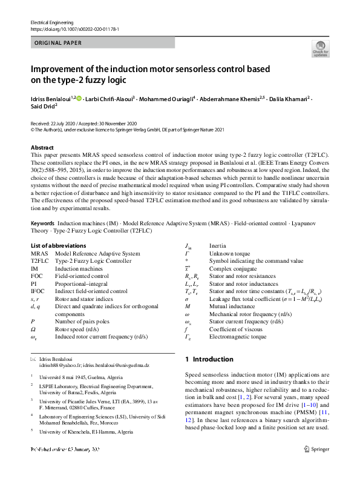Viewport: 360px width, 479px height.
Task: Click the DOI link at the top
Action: coord(74,28)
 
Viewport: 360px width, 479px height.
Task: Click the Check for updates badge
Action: coord(320,50)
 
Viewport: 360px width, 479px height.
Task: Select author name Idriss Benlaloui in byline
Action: coord(51,97)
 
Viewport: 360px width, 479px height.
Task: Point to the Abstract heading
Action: coord(42,147)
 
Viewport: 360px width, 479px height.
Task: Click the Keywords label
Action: coord(43,223)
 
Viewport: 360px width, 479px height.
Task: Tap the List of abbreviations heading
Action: coord(57,245)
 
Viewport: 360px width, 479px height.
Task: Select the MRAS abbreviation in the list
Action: coord(39,253)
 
